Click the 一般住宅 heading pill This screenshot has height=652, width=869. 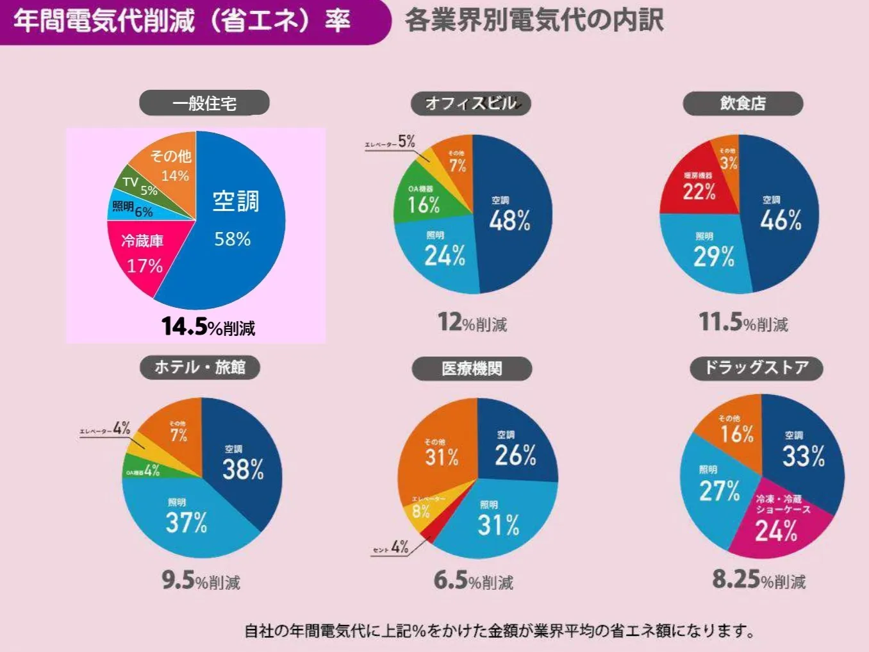[204, 103]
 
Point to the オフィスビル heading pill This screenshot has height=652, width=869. [471, 103]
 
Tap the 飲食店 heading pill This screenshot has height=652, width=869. [743, 103]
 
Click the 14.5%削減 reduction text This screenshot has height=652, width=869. [208, 326]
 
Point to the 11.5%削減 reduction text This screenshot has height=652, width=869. [743, 322]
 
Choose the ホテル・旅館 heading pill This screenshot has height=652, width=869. [200, 367]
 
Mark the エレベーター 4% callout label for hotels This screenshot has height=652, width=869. [105, 429]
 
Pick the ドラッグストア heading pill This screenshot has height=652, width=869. [756, 368]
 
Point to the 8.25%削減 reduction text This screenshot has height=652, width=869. [759, 580]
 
